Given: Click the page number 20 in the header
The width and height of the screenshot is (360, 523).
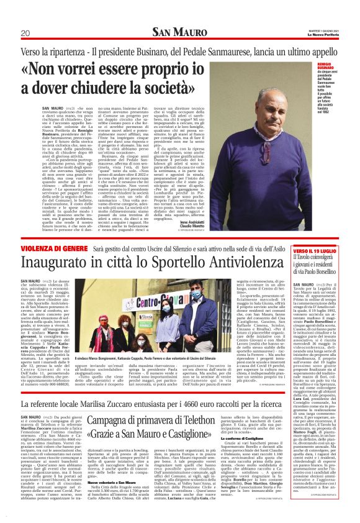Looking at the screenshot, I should (x=25, y=33).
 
